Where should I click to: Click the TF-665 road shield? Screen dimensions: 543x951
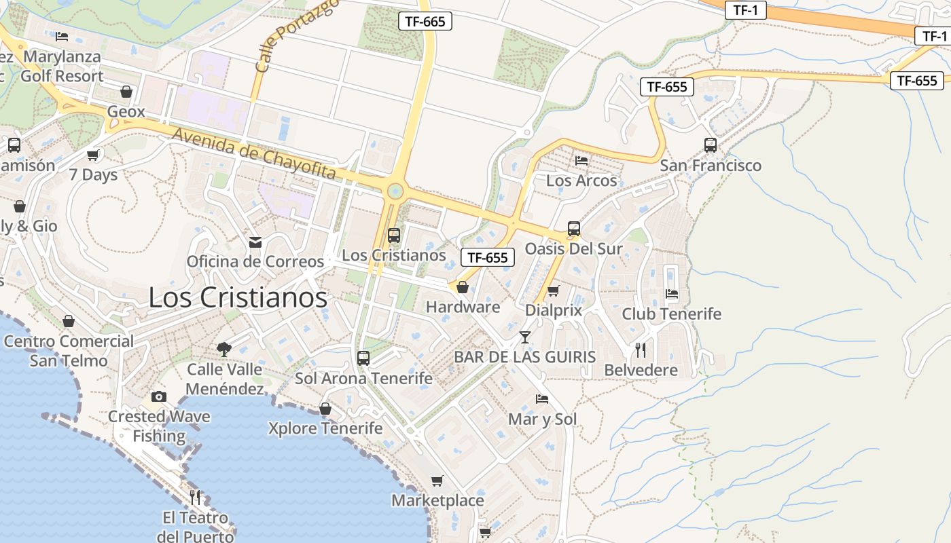425,21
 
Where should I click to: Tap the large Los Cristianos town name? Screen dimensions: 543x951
238,297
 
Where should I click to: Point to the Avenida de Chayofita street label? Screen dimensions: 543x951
254,154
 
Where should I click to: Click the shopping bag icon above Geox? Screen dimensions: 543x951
126,92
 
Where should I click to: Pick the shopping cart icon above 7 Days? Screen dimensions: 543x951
93,155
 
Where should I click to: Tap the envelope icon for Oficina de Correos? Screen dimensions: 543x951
255,242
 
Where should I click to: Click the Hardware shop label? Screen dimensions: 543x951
463,307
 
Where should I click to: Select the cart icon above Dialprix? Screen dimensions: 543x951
554,291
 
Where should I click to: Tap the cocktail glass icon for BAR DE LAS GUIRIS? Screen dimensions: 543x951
524,337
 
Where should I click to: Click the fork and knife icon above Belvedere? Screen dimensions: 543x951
641,350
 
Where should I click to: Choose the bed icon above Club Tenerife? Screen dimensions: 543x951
672,295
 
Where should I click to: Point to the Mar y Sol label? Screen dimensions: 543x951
542,419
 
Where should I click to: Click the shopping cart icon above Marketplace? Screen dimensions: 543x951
437,481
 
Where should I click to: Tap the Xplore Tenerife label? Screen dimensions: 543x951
325,428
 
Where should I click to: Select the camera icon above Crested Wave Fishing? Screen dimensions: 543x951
159,397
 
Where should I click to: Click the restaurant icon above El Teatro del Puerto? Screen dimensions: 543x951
196,498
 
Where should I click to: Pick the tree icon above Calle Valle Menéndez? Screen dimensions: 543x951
224,350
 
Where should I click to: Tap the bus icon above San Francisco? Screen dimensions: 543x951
711,145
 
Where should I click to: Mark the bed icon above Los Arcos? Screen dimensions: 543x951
581,161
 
